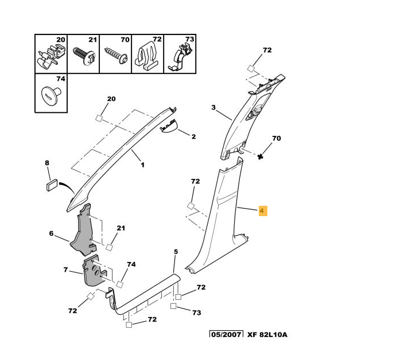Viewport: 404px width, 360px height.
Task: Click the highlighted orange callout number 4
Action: pos(262,211)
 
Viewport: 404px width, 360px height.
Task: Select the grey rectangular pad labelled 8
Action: pos(50,183)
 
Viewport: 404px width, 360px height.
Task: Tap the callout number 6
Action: pos(51,233)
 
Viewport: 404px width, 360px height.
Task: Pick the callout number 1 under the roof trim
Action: pos(142,165)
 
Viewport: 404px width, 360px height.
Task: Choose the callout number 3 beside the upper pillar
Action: pos(213,107)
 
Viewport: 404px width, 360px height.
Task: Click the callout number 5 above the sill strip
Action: pos(176,252)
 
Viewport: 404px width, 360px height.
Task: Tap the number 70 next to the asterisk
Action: pos(276,138)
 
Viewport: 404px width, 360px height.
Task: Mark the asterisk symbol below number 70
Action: pos(261,156)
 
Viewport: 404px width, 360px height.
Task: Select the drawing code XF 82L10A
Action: pos(267,334)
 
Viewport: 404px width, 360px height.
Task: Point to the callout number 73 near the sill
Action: pos(197,312)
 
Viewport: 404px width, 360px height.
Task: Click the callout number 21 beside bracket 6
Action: pos(121,228)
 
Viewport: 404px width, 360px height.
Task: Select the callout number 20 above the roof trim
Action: pos(111,99)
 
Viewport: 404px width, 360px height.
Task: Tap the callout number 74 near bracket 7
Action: pos(131,264)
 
